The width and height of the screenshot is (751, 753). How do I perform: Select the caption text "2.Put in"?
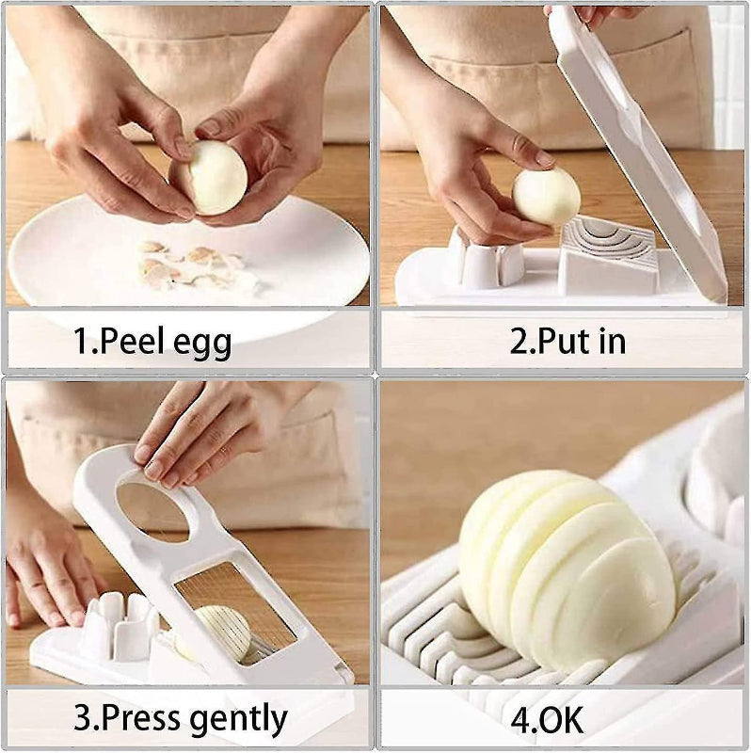567,341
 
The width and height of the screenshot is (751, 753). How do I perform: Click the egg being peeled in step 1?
216,177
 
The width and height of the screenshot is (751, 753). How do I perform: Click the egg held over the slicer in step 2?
546,196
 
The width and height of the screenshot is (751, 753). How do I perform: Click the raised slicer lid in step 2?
640,160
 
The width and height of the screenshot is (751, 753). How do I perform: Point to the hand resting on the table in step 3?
47,574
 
